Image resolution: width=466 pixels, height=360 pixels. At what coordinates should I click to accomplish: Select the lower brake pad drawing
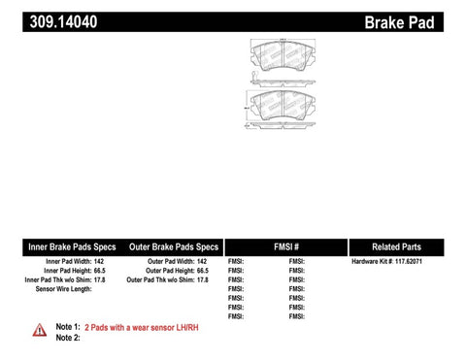(x=288, y=110)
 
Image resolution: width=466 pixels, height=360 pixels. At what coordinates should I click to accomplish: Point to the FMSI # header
(x=284, y=247)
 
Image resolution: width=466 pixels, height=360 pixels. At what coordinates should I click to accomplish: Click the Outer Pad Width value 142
(x=202, y=262)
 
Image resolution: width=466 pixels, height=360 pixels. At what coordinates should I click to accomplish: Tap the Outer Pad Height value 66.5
(x=203, y=271)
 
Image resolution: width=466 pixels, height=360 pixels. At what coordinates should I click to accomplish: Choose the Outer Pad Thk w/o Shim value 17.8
(x=203, y=280)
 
